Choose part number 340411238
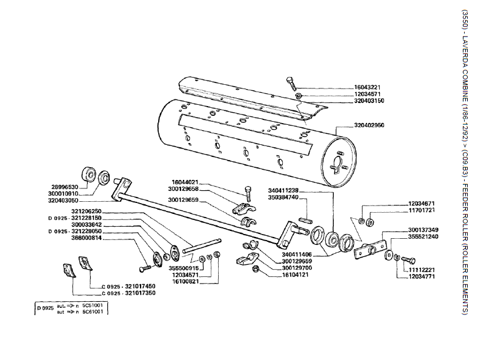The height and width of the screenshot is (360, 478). click(x=284, y=190)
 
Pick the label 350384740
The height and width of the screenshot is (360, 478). click(x=284, y=197)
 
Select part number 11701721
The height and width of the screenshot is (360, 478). click(x=422, y=210)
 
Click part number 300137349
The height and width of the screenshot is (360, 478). click(x=424, y=230)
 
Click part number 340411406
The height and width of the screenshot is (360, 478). click(x=297, y=254)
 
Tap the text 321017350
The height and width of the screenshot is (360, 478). click(x=136, y=293)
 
